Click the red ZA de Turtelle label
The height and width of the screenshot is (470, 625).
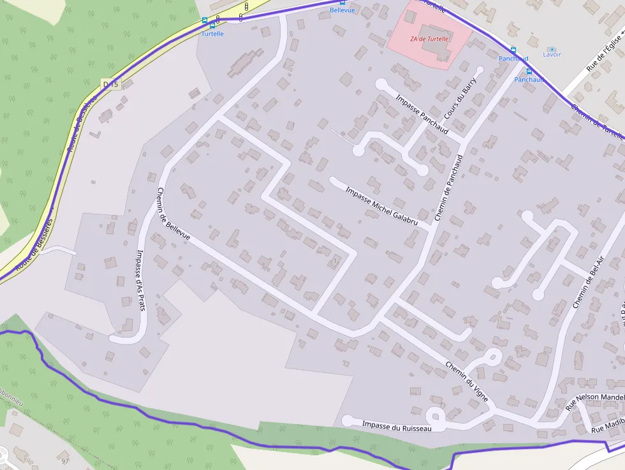(430, 39)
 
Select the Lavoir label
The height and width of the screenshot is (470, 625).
(552, 55)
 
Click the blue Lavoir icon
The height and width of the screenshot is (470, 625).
(552, 48)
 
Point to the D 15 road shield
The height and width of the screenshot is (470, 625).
(110, 84)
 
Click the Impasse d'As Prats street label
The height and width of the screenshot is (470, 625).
(140, 279)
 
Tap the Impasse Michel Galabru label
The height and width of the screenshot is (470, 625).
(381, 206)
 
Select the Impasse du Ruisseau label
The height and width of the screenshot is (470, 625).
(397, 425)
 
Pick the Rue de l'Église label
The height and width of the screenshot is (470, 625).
(605, 50)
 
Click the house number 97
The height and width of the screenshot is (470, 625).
(64, 460)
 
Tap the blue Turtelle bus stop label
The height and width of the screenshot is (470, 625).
(212, 34)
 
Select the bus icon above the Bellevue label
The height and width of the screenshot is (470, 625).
(342, 3)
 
